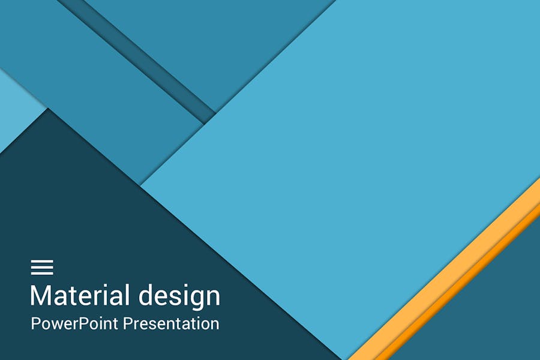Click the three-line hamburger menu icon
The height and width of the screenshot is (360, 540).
(42, 267)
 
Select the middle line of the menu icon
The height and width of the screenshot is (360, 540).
(42, 267)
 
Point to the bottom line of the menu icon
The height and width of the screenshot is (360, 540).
(42, 273)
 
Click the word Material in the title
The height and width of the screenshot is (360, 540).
(80, 296)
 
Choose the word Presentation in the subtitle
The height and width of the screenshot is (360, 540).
(171, 324)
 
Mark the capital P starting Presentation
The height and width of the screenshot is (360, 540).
(128, 324)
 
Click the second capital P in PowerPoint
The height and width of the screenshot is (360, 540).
(80, 324)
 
